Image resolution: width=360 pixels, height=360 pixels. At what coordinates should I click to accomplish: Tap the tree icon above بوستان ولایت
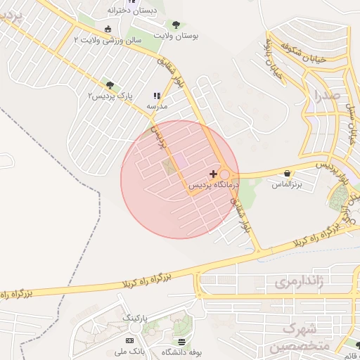[x=176, y=25]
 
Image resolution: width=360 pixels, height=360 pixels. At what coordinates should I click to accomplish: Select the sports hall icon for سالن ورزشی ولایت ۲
[x=107, y=29]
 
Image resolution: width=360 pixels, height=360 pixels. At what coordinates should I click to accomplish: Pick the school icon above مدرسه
[x=156, y=96]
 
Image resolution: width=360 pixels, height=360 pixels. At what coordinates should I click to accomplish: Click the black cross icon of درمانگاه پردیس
[x=214, y=173]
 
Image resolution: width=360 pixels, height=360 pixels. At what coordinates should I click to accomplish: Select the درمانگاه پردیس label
[x=219, y=184]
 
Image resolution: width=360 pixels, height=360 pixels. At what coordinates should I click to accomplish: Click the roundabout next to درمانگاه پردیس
[x=225, y=174]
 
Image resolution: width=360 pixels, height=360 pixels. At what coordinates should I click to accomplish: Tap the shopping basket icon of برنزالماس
[x=287, y=173]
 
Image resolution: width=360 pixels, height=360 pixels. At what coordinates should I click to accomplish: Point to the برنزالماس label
[x=287, y=184]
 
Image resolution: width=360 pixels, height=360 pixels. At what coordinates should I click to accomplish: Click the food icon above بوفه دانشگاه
[x=182, y=341]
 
